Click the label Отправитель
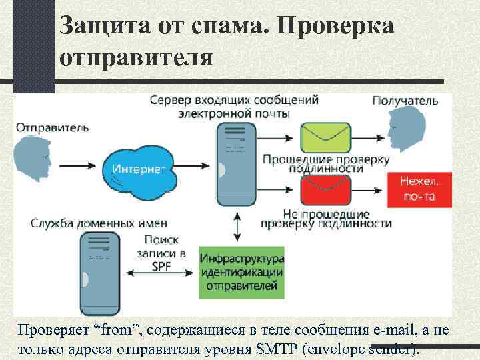[x=52, y=126]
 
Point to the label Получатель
[x=405, y=101]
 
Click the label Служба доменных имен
[x=99, y=223]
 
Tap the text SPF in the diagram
[x=161, y=266]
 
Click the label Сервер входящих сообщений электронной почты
[x=233, y=106]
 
